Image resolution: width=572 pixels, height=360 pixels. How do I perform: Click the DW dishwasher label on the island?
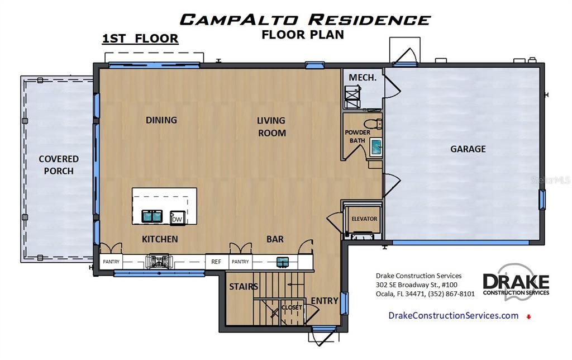tap(177, 220)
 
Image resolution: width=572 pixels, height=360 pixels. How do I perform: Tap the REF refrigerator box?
tap(216, 262)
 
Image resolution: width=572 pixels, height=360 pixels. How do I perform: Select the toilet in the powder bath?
tap(373, 124)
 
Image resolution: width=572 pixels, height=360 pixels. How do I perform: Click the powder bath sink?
tap(376, 147)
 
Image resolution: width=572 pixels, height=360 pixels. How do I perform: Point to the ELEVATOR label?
tap(364, 219)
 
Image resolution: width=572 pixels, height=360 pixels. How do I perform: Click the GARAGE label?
tap(468, 149)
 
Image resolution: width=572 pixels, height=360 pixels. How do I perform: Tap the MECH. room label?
tap(362, 77)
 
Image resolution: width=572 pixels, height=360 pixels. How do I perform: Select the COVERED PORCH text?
tap(59, 165)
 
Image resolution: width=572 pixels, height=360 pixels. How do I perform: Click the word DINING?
tap(161, 120)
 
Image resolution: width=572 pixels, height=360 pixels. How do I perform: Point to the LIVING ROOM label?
tap(271, 127)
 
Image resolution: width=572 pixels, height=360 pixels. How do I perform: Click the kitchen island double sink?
tap(152, 216)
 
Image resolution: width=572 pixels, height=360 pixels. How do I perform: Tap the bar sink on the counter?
tap(282, 262)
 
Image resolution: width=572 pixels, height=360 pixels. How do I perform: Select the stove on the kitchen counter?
tap(158, 262)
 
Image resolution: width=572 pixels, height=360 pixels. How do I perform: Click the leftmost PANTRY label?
tap(111, 262)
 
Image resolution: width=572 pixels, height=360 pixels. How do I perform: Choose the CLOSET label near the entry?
tap(292, 307)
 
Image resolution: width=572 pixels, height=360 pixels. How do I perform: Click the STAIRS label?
tap(244, 287)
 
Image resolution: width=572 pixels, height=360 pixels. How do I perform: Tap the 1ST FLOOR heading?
tap(140, 39)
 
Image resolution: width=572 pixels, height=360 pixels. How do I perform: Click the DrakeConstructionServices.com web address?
tap(454, 315)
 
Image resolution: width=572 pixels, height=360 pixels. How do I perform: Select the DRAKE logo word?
tap(516, 282)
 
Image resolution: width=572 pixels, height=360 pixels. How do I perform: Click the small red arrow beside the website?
tap(528, 316)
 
